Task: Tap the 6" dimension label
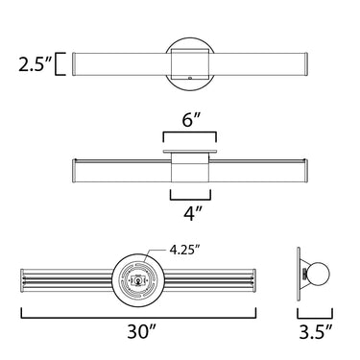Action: pyautogui.click(x=191, y=121)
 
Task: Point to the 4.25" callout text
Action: pyautogui.click(x=183, y=249)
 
